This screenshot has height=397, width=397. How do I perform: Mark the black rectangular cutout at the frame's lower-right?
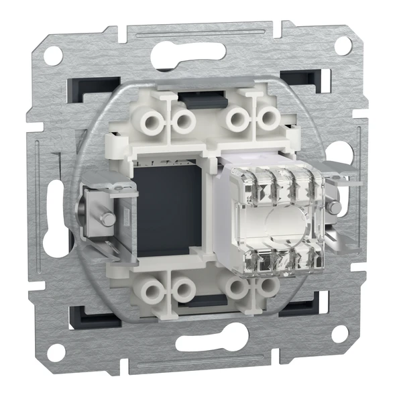pos(297,308)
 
